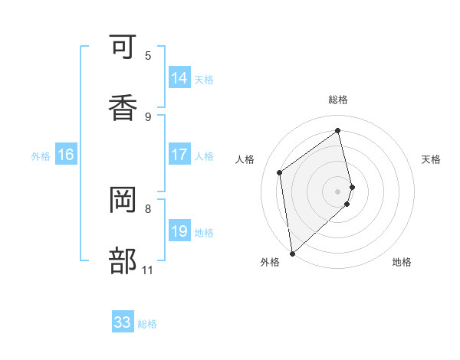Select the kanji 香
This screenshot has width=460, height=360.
pos(122,106)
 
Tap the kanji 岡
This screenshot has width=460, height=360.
pos(122,201)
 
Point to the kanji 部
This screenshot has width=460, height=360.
pos(122,260)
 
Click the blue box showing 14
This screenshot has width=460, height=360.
pos(179,78)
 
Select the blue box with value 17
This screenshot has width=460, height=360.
pos(179,155)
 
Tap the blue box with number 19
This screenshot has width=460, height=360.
pos(179,231)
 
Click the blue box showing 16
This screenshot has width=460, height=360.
pos(66,155)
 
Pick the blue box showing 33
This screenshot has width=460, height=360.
pos(123,322)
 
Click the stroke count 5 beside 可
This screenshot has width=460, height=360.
pos(148,56)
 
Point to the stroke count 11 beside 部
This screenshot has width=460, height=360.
pos(147,270)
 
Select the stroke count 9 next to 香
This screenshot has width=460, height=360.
pos(148,116)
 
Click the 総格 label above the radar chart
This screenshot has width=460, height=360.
pos(338,100)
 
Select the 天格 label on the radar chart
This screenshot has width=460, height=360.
pos(431,159)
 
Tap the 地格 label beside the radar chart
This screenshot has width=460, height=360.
pos(402,262)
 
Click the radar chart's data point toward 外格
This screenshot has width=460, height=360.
pos(291,252)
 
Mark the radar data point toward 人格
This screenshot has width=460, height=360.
pos(280,172)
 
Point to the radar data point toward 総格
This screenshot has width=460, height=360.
pos(338,130)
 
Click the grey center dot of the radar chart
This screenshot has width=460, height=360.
pos(338,190)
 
